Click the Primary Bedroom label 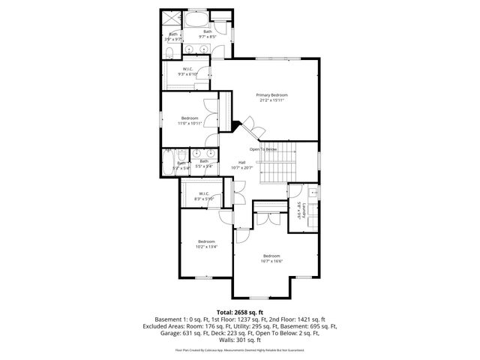pos(271,95)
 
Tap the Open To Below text pos(263,149)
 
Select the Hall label pos(242,162)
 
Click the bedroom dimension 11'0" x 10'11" pos(190,124)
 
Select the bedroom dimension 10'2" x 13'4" pos(206,246)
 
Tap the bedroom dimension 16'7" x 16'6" pos(271,261)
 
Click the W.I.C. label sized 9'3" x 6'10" pos(187,74)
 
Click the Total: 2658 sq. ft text pos(240,312)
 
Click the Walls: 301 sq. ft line pos(240,340)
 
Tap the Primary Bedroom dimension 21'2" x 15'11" pos(271,100)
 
